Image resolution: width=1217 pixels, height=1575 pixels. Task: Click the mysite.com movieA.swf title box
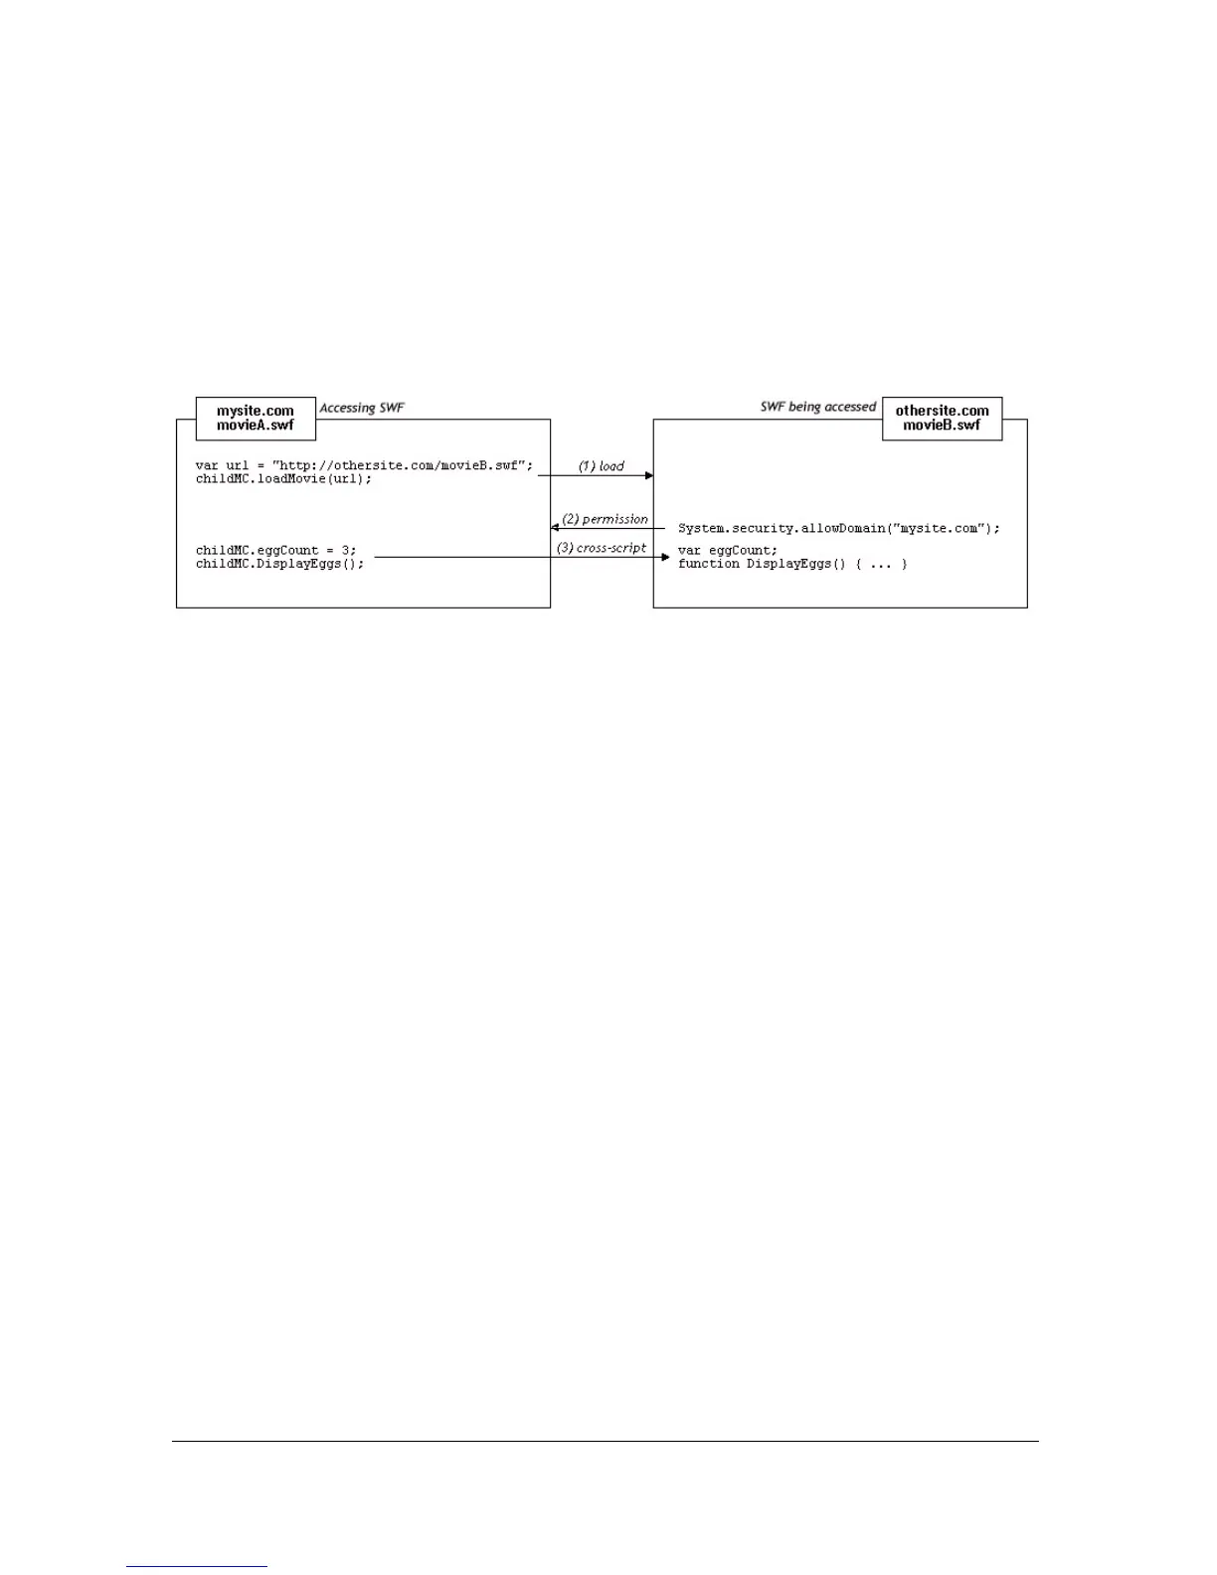pyautogui.click(x=256, y=418)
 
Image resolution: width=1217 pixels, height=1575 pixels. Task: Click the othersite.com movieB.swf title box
pyautogui.click(x=942, y=418)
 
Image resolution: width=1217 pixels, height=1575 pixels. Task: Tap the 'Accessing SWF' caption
pyautogui.click(x=362, y=408)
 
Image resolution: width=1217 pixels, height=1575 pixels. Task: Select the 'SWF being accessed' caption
pyautogui.click(x=817, y=407)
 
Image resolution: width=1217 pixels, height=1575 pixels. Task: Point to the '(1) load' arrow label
pyautogui.click(x=602, y=465)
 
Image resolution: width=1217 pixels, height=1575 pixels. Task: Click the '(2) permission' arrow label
pyautogui.click(x=605, y=519)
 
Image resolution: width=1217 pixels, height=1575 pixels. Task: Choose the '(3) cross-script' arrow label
pyautogui.click(x=601, y=548)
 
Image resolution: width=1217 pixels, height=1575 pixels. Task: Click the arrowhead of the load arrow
pyautogui.click(x=649, y=476)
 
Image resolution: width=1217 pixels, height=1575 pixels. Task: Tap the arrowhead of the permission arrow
pyautogui.click(x=556, y=528)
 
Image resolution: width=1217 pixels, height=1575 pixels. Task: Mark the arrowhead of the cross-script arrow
pyautogui.click(x=665, y=558)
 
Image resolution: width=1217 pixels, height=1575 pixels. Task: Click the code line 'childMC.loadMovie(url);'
pyautogui.click(x=283, y=478)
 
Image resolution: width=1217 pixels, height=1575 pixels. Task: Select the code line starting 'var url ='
pyautogui.click(x=364, y=465)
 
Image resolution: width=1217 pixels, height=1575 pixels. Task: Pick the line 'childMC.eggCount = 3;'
pyautogui.click(x=275, y=550)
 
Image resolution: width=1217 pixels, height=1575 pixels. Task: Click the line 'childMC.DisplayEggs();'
pyautogui.click(x=279, y=564)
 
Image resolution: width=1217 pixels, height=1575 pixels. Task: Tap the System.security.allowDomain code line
pyautogui.click(x=838, y=528)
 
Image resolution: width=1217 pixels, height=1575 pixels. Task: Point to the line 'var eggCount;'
pyautogui.click(x=728, y=550)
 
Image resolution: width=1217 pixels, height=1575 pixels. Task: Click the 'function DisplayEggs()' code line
pyautogui.click(x=792, y=564)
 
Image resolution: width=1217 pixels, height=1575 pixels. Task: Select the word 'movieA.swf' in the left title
pyautogui.click(x=256, y=426)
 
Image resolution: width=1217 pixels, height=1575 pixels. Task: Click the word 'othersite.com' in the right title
pyautogui.click(x=942, y=411)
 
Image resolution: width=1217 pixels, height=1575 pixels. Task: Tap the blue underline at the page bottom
pyautogui.click(x=197, y=1566)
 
